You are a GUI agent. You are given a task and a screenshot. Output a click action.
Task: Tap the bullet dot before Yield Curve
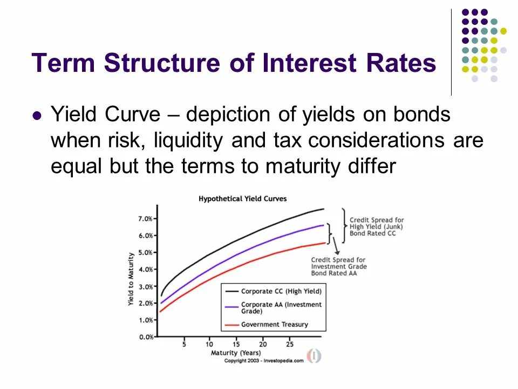pyautogui.click(x=37, y=116)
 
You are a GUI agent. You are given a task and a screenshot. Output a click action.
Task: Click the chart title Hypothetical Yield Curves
pyautogui.click(x=243, y=199)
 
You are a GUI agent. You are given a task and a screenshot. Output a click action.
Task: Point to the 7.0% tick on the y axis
pyautogui.click(x=146, y=219)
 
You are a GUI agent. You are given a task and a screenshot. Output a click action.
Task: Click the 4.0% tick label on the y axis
pyautogui.click(x=146, y=269)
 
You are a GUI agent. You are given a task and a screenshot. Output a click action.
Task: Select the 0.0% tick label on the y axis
pyautogui.click(x=146, y=337)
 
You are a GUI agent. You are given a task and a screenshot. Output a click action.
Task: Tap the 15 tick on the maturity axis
pyautogui.click(x=236, y=344)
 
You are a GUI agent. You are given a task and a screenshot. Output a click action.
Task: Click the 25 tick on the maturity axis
pyautogui.click(x=290, y=344)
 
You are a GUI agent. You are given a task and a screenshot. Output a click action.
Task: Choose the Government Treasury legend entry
pyautogui.click(x=274, y=325)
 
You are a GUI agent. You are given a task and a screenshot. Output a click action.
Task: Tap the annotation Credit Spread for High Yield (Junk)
pyautogui.click(x=377, y=226)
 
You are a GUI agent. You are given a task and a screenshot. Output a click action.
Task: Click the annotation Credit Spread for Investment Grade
pyautogui.click(x=338, y=266)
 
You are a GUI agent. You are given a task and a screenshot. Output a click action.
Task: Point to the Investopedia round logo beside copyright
pyautogui.click(x=314, y=356)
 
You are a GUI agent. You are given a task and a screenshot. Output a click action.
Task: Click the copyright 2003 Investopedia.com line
pyautogui.click(x=263, y=360)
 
